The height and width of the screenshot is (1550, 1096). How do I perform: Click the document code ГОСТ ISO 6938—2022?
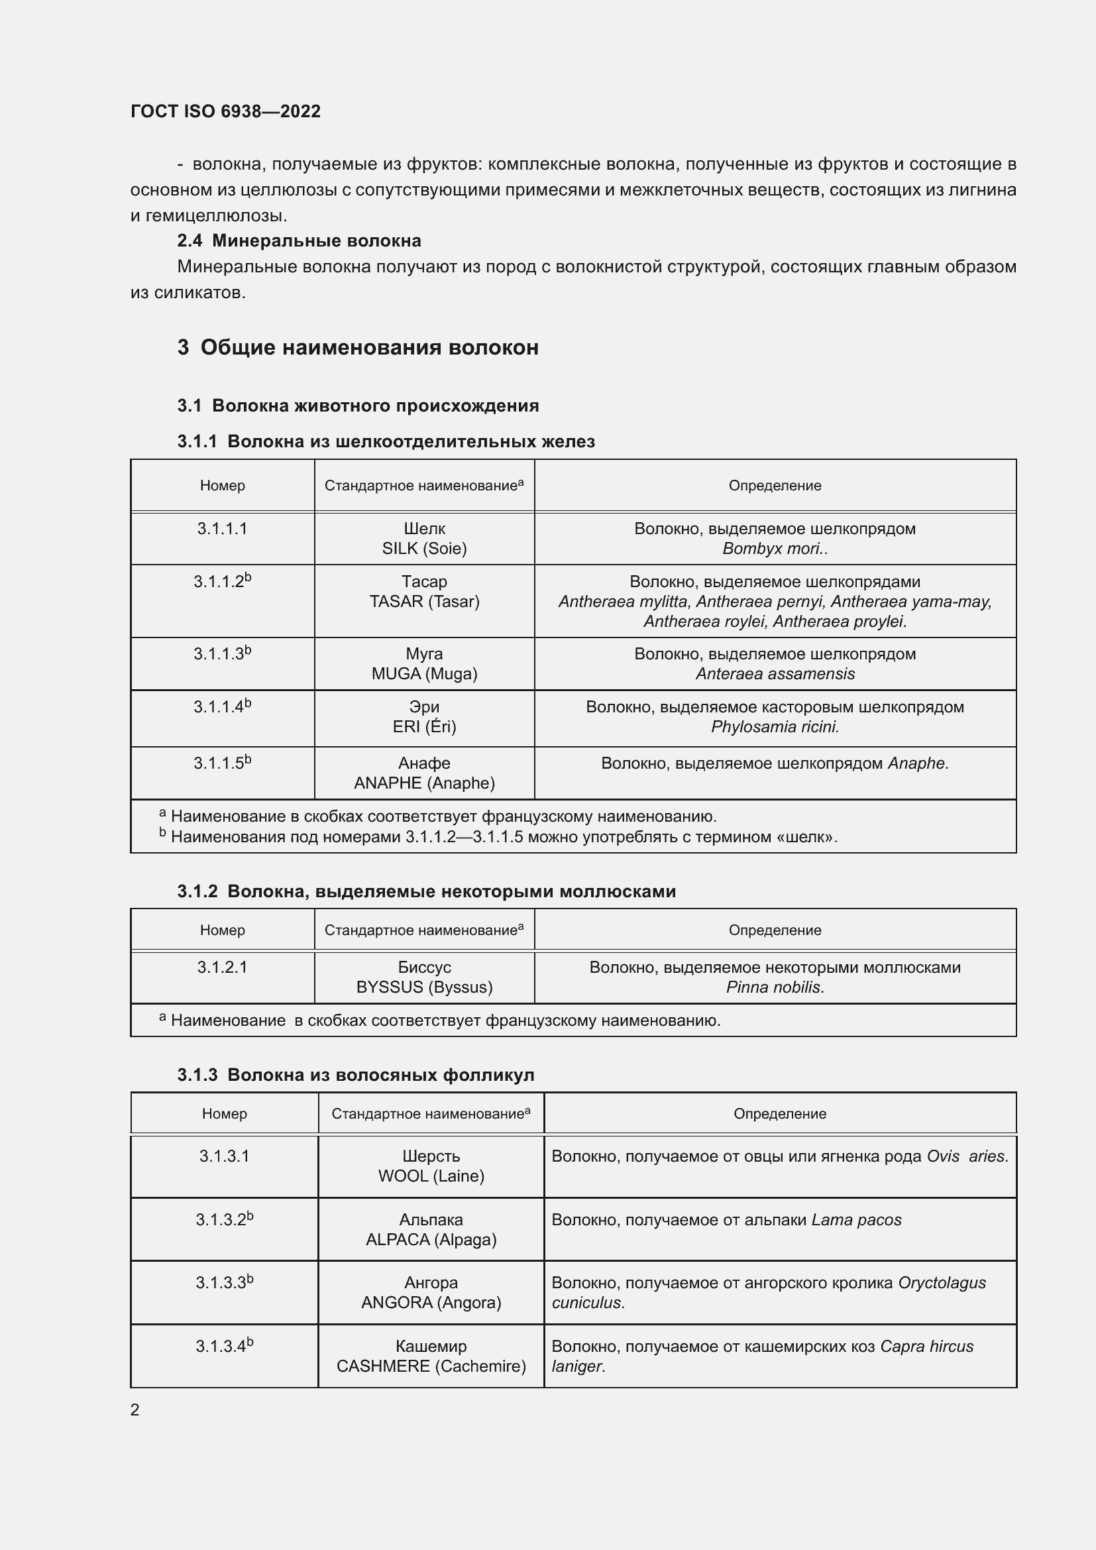pos(225,111)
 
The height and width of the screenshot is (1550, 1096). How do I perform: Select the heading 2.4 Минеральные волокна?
pos(299,241)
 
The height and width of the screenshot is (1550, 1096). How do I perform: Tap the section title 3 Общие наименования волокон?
pos(358,348)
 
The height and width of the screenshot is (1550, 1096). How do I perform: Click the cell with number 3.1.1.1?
pos(222,529)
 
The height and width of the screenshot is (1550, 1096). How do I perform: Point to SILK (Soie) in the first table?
pos(424,548)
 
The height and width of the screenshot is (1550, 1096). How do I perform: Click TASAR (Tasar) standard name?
pos(424,602)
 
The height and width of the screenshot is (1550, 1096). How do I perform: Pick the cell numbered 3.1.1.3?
pos(222,654)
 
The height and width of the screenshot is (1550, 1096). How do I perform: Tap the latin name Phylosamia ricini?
pos(775,727)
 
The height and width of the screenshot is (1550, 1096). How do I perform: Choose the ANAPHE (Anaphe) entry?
pos(424,783)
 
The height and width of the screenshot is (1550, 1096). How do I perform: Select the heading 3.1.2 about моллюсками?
pos(427,892)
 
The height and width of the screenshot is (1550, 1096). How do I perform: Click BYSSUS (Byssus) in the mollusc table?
pos(424,987)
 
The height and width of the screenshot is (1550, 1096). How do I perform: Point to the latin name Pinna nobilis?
pos(775,987)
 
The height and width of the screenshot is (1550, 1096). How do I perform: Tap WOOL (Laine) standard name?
pos(431,1176)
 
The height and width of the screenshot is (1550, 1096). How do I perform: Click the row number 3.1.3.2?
pos(224,1220)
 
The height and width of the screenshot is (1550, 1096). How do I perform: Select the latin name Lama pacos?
pos(855,1220)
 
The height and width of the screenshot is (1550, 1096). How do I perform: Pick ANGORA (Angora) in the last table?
pos(431,1302)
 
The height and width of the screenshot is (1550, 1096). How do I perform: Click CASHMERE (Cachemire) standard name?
pos(431,1366)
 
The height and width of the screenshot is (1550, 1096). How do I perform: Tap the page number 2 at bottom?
pos(135,1410)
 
